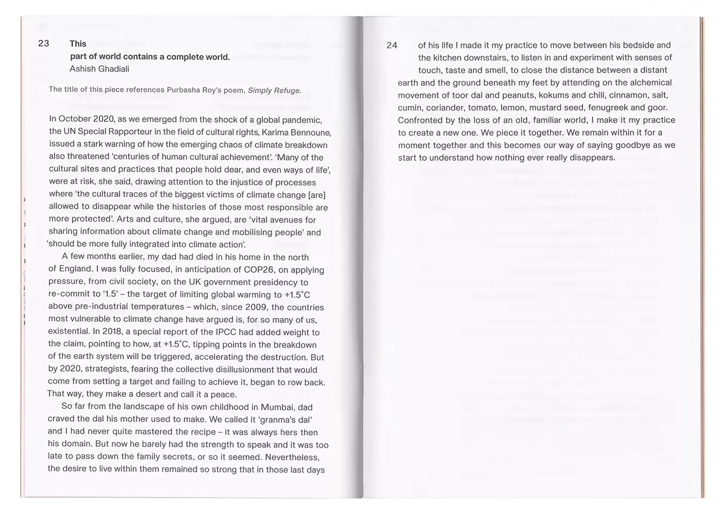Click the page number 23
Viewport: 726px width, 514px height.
pyautogui.click(x=44, y=44)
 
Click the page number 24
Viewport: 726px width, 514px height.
pyautogui.click(x=392, y=45)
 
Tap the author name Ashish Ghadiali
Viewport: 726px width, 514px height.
pyautogui.click(x=99, y=69)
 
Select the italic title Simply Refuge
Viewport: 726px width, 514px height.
pyautogui.click(x=274, y=90)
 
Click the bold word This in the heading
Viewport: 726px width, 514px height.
pyautogui.click(x=78, y=44)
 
